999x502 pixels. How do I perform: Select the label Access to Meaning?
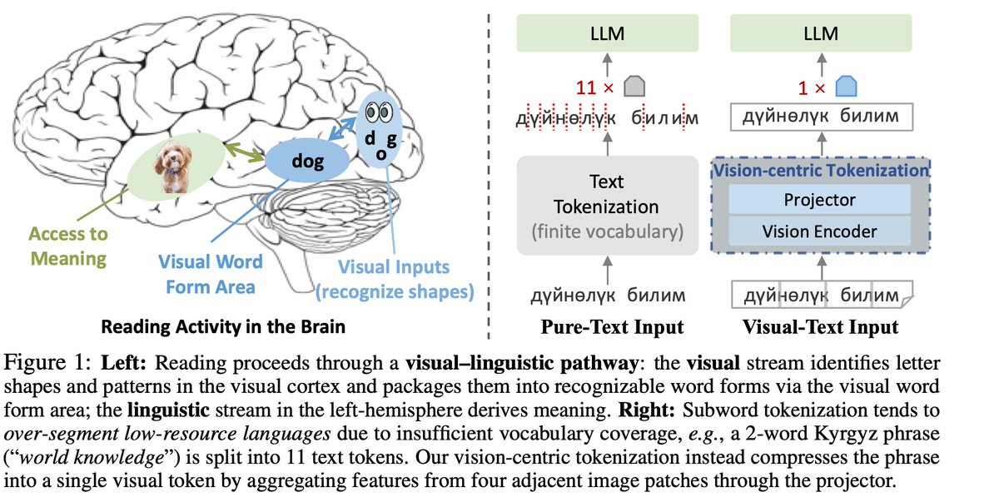click(68, 246)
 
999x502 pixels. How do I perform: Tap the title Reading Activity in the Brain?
click(223, 326)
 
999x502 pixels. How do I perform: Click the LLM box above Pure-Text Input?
click(605, 34)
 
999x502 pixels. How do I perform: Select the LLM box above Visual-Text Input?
click(821, 34)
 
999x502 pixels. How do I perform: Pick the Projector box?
click(819, 200)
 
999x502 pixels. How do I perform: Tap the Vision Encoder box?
click(819, 231)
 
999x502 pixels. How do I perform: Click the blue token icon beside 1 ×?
click(846, 87)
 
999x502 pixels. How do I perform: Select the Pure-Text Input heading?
click(606, 326)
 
